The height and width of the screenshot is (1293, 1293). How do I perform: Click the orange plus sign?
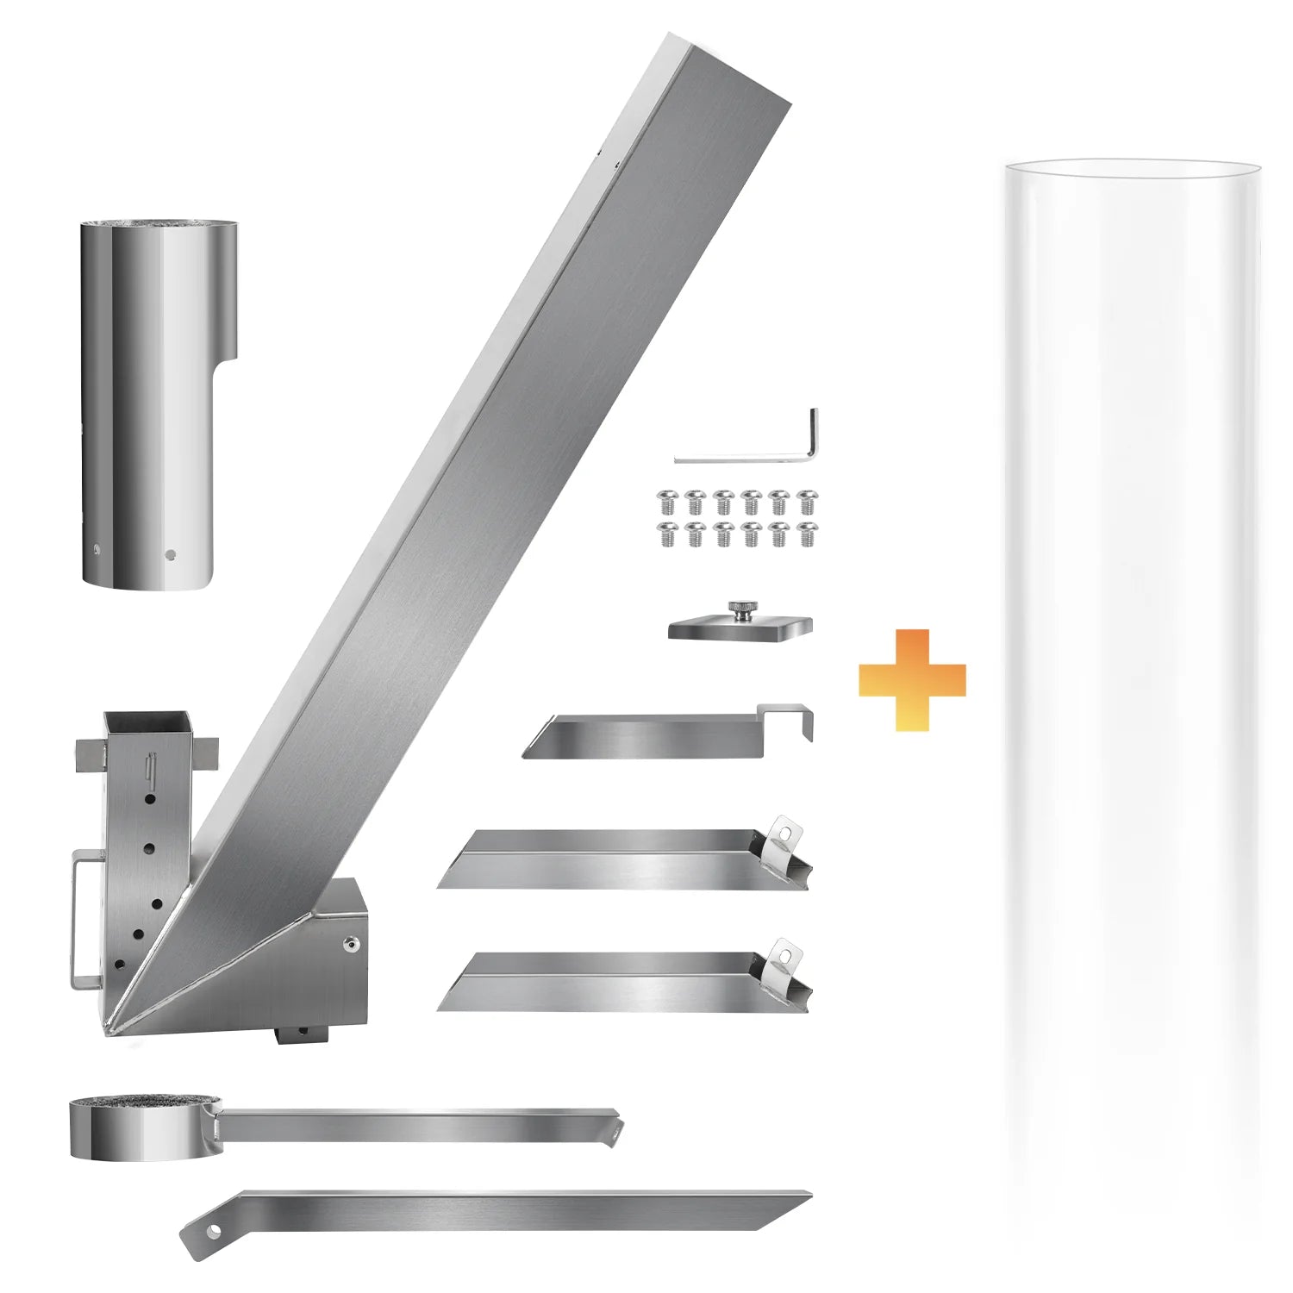click(912, 680)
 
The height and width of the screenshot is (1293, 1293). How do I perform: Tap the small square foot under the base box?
click(301, 1033)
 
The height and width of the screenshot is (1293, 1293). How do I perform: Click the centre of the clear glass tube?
click(1131, 690)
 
